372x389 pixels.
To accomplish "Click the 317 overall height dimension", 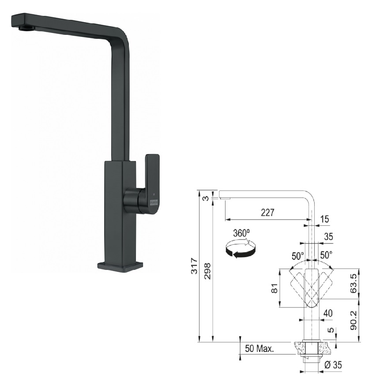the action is [x=195, y=266].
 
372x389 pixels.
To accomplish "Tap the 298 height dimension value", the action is [x=207, y=271].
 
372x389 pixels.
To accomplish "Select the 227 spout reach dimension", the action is [x=267, y=213].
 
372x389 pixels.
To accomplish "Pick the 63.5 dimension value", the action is [x=353, y=283].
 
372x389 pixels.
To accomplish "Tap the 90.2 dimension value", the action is [x=353, y=320].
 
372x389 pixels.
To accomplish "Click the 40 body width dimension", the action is [x=328, y=313].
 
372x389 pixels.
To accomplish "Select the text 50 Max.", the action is [x=259, y=348].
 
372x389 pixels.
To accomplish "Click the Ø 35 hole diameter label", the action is [x=333, y=365].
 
